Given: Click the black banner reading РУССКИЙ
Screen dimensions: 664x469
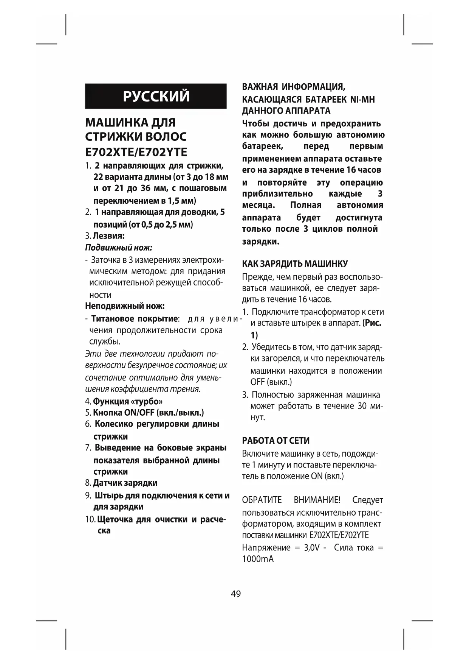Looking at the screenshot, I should coord(156,96).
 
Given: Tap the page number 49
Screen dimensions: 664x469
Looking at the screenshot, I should coord(235,594).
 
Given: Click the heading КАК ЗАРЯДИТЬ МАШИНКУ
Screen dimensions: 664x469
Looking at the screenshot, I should coord(295,264).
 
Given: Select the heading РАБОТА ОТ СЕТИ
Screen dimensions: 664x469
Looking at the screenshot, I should coord(276,441).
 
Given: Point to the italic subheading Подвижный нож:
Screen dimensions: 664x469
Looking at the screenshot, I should coord(119,248).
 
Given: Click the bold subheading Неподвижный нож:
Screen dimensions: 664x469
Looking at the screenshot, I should coord(125,306).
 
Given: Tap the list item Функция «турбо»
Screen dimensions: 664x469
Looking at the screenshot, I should coord(128,401).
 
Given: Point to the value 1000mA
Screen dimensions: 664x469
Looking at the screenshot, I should coord(258,559).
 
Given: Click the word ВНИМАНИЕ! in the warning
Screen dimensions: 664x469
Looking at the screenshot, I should coord(317,500).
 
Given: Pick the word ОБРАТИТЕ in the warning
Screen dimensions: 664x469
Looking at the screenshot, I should coord(262,500).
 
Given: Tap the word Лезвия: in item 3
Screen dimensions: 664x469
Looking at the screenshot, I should coord(109,236).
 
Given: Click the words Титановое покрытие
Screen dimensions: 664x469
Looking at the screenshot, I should coord(134,319).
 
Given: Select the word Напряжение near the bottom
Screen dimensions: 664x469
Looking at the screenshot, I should coord(266,547).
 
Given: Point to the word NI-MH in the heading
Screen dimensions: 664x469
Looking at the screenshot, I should coord(362,100).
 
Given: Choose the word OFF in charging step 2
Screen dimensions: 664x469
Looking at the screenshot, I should coord(257,382).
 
